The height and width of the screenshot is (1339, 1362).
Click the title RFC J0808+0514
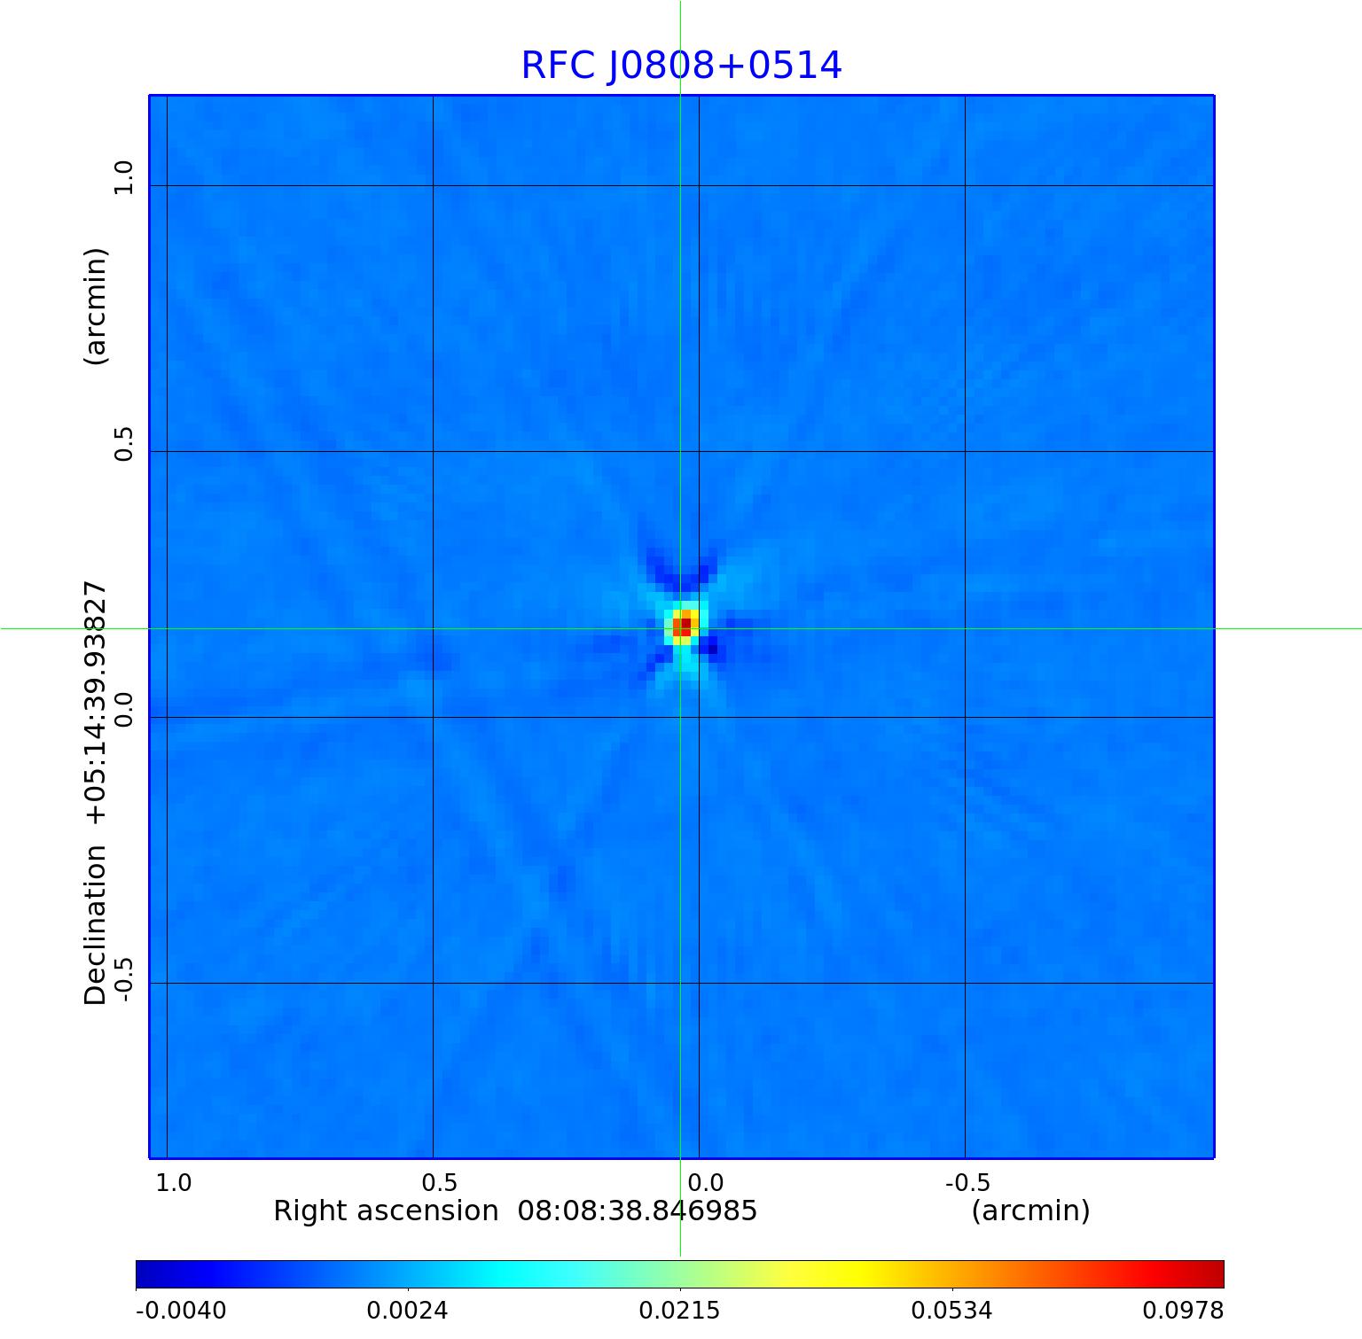coord(681,66)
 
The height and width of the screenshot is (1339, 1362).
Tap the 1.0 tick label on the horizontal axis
coord(174,1182)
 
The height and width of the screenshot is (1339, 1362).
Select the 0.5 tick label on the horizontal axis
coord(440,1182)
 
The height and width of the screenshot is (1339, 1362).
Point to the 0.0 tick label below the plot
coord(706,1182)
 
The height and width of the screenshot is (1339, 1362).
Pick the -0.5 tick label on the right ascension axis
coord(967,1182)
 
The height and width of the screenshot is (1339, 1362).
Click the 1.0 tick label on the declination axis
coord(123,177)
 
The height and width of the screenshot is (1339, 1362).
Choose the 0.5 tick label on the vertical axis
coord(123,443)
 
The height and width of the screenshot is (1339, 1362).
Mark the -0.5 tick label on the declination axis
coord(123,978)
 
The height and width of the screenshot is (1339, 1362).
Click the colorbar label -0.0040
coord(181,1310)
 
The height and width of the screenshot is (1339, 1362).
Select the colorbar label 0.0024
coord(408,1310)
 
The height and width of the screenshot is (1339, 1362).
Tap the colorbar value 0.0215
coord(680,1310)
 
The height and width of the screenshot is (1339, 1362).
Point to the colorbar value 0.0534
coord(952,1310)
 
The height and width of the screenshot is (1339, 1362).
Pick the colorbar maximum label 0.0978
coord(1183,1310)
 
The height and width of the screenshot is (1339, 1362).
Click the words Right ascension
coord(386,1211)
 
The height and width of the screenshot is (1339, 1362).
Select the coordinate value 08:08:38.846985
coord(638,1211)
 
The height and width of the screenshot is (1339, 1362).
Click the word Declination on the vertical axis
coord(96,925)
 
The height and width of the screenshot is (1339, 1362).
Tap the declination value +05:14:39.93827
coord(96,703)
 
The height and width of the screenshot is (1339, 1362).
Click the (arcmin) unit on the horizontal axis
coord(1030,1211)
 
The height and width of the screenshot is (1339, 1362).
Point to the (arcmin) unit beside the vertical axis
coord(96,306)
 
